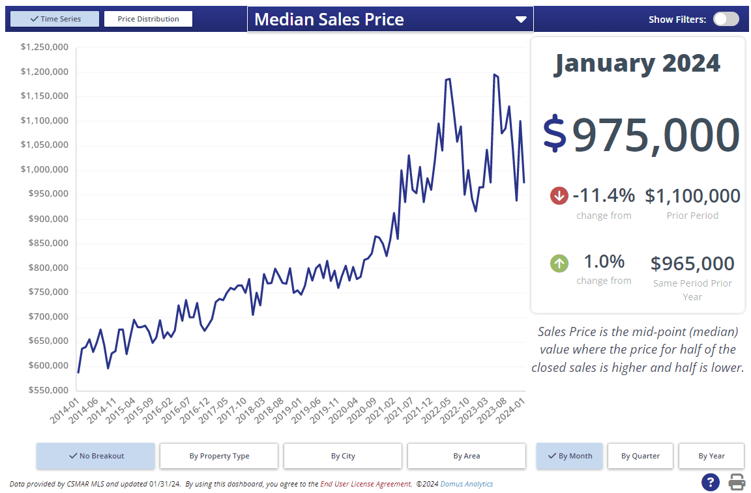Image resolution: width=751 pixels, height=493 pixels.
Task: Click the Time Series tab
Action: [55, 19]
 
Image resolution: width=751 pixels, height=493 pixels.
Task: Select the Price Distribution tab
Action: [148, 19]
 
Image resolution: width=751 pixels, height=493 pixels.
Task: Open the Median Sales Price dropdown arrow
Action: [520, 20]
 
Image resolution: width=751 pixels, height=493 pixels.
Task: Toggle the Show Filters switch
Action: [726, 19]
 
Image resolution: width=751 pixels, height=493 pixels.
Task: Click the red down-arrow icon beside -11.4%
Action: [559, 195]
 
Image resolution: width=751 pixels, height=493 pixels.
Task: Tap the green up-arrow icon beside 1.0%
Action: [559, 263]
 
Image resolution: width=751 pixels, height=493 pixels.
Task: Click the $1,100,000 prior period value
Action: [692, 196]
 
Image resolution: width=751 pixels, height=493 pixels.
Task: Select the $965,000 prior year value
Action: [692, 264]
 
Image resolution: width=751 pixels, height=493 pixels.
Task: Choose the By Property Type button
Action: [219, 456]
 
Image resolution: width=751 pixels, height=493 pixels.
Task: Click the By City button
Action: [343, 456]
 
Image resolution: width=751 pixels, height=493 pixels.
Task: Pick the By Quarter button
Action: [640, 456]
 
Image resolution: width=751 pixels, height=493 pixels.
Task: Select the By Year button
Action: [711, 456]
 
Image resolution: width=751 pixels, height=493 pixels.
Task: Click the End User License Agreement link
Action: [365, 484]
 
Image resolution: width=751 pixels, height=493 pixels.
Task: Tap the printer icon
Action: [737, 483]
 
